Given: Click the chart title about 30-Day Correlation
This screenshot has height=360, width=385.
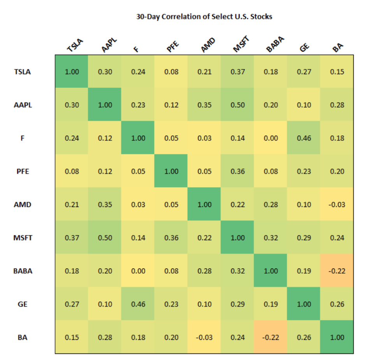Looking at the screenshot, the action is click(x=204, y=17).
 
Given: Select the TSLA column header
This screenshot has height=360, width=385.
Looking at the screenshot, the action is click(x=75, y=46).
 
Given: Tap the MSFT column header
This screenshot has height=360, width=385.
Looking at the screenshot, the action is click(x=241, y=44).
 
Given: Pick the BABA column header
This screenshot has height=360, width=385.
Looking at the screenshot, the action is click(x=275, y=44).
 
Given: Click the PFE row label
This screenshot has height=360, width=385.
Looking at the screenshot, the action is click(x=23, y=171).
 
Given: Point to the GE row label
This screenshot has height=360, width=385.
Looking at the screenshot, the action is click(x=23, y=304).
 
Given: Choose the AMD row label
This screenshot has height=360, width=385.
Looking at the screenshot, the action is click(x=23, y=205).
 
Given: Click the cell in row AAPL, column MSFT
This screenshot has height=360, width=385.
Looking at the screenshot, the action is click(x=237, y=105).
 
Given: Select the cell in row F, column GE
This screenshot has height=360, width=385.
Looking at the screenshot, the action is click(x=304, y=138).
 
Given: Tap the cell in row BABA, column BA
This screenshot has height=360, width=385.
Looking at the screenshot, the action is click(x=337, y=271).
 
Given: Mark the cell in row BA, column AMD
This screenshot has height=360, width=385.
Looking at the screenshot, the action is click(x=204, y=337).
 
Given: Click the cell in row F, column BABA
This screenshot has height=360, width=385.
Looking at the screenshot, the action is click(x=271, y=138).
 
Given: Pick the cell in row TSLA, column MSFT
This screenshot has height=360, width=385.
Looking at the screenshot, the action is click(x=237, y=72).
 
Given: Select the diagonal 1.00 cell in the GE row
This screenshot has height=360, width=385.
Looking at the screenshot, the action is click(x=304, y=304).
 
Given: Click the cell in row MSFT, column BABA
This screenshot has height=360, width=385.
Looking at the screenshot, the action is click(x=271, y=238).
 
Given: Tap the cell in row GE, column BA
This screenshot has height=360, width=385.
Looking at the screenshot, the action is click(x=337, y=304).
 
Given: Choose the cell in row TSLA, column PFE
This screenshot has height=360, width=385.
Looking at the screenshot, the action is click(x=171, y=72).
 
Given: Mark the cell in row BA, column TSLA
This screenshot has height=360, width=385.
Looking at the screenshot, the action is click(x=72, y=337).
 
